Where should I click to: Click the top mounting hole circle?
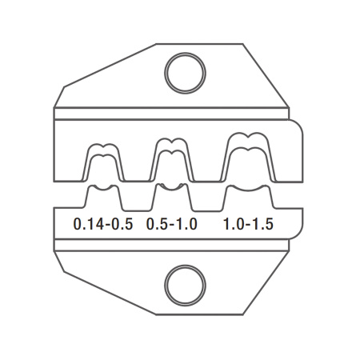point(185,54)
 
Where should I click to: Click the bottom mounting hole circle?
point(185,266)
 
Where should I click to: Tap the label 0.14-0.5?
point(103,224)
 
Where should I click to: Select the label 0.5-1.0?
point(172,224)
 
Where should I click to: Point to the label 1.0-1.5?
point(248,224)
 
